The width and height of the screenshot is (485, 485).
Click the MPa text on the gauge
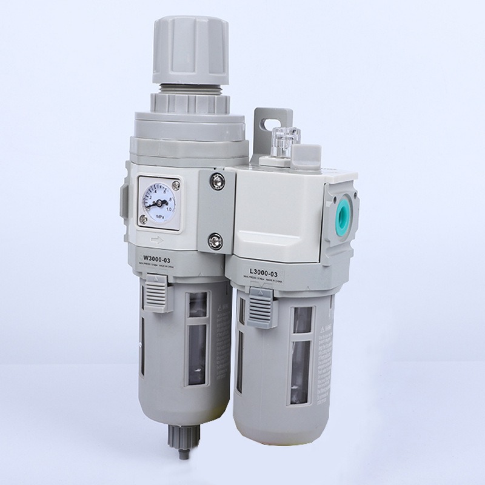tap(158, 216)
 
